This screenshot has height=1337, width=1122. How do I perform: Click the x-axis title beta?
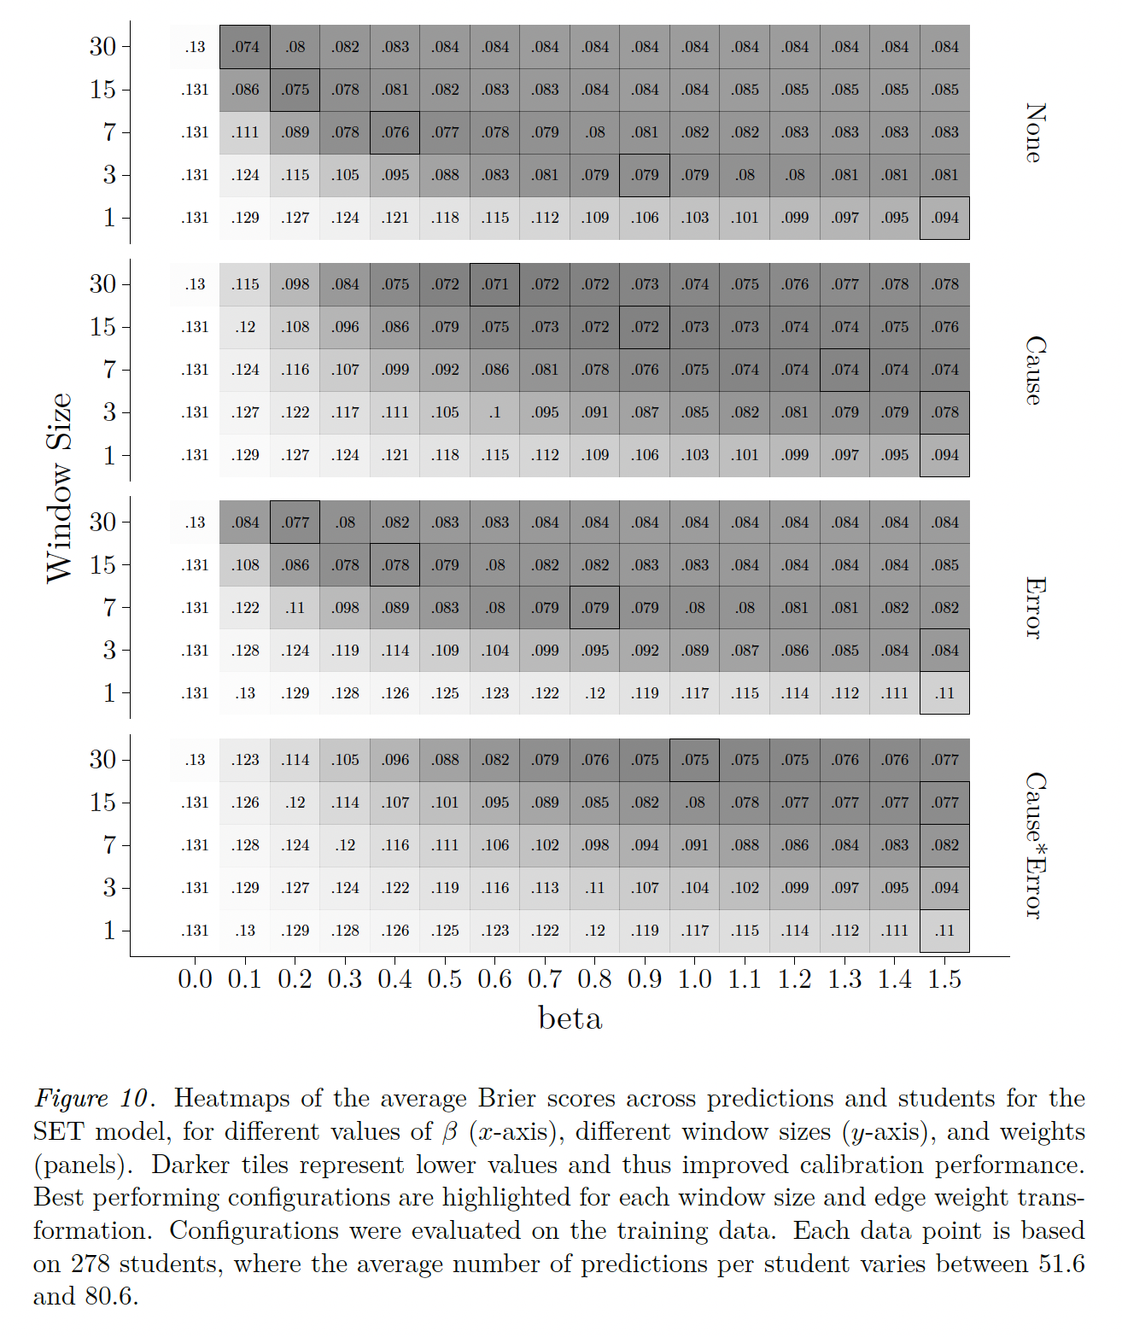[570, 1018]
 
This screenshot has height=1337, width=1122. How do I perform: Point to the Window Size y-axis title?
[59, 488]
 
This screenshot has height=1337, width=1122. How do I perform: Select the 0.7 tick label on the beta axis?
[545, 978]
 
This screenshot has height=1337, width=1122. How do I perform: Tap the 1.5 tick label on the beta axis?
[944, 978]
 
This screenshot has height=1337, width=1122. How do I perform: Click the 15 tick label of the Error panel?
[102, 564]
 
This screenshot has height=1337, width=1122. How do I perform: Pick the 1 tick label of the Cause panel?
[109, 455]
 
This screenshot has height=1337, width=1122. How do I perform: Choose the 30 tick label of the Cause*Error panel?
[102, 759]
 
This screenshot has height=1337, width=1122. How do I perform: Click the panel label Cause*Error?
[1034, 845]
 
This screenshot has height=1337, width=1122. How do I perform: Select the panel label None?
[1034, 132]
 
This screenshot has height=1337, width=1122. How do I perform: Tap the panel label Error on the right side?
[1034, 608]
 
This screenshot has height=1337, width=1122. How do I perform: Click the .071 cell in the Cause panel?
[494, 284]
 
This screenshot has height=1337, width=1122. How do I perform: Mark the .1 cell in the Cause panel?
[494, 412]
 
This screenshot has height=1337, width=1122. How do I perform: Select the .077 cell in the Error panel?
[295, 523]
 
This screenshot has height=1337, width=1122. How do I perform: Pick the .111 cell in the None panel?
[245, 132]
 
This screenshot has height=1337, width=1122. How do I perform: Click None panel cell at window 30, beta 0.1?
[245, 47]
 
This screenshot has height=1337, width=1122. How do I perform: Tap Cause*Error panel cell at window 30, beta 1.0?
[694, 760]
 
